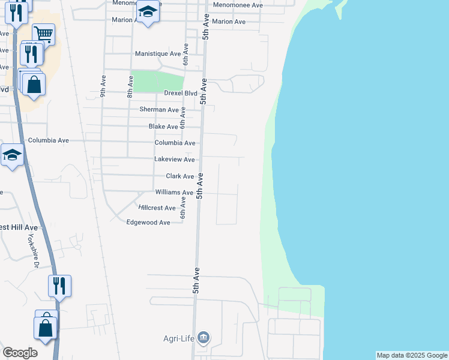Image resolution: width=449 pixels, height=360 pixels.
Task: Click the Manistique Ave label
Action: [x=158, y=53]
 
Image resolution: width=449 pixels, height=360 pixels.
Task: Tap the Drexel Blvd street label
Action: [x=181, y=93]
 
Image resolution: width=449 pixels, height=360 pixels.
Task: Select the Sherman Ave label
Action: [x=159, y=110]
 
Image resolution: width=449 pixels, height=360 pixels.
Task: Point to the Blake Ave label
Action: [x=163, y=127]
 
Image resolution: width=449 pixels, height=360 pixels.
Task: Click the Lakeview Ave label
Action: [x=175, y=160]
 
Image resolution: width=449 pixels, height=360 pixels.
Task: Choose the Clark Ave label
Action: [x=179, y=176]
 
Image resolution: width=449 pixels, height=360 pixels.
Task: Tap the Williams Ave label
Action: [x=174, y=193]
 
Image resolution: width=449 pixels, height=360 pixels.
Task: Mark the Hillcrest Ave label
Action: [x=157, y=208]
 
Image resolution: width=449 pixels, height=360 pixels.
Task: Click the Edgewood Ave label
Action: [x=148, y=222]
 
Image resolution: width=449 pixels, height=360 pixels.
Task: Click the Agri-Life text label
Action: [x=179, y=338]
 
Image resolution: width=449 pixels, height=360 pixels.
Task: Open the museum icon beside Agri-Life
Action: [x=204, y=338]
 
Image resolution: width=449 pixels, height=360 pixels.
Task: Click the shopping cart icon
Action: [x=43, y=34]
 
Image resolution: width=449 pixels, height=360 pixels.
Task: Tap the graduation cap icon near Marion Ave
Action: [x=148, y=11]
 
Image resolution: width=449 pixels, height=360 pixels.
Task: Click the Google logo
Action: [x=20, y=353]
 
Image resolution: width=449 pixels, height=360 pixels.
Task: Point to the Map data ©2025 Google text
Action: [x=412, y=355]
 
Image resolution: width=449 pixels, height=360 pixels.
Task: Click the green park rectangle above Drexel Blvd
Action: [x=157, y=81]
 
